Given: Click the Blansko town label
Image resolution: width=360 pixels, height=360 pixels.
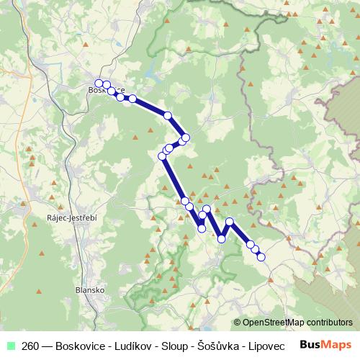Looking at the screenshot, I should click(90, 289).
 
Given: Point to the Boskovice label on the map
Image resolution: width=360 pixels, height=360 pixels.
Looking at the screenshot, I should click(106, 91).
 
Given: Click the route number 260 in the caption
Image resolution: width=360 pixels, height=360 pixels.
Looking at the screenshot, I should click(31, 345).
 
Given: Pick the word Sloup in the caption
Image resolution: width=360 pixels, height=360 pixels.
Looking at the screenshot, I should click(174, 345).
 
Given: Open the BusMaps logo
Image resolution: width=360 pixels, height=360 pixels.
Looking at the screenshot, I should click(325, 345).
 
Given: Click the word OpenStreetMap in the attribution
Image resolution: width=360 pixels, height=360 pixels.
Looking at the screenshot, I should click(274, 323).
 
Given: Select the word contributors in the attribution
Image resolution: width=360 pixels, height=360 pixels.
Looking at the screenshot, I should click(330, 323).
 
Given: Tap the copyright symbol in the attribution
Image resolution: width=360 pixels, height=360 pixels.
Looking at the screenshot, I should click(237, 323).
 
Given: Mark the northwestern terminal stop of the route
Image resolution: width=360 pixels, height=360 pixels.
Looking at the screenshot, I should click(99, 84).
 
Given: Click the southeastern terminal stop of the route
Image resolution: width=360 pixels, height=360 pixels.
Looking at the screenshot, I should click(261, 256).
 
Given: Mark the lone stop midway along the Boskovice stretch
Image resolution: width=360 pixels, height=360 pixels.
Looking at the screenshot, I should click(168, 115).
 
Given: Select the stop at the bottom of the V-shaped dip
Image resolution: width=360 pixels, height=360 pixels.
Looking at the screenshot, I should click(222, 239).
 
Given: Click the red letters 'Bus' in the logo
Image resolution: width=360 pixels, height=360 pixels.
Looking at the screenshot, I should click(312, 345).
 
